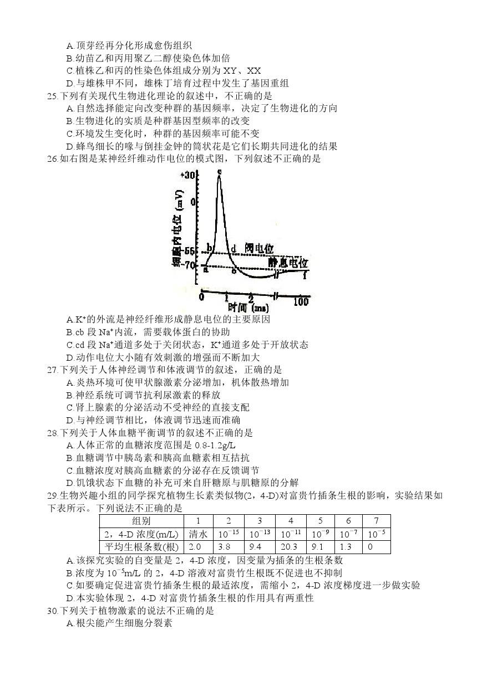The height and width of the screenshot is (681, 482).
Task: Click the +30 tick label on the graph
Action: pos(188,176)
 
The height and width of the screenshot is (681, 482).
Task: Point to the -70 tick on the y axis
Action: pos(190,265)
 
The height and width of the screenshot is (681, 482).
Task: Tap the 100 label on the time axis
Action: pos(301,301)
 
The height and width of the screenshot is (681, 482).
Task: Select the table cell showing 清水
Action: pos(198,534)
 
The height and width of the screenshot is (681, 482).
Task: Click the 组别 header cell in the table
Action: pos(141,521)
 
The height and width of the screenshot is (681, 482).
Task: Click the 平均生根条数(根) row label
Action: pos(141,547)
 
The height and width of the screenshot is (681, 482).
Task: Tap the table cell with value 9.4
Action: pos(257,547)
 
